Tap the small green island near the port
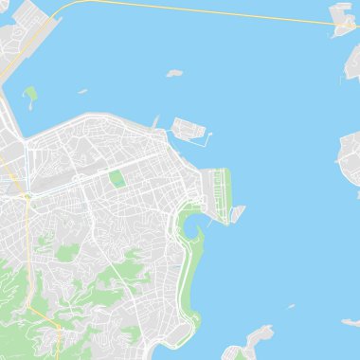(30, 94)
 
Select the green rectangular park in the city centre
(117, 178)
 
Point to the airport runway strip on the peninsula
(224, 194)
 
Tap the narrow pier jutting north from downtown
(156, 123)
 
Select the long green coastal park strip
(192, 275)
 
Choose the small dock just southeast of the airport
(237, 213)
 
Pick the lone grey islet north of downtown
(173, 72)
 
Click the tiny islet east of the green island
(82, 92)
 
